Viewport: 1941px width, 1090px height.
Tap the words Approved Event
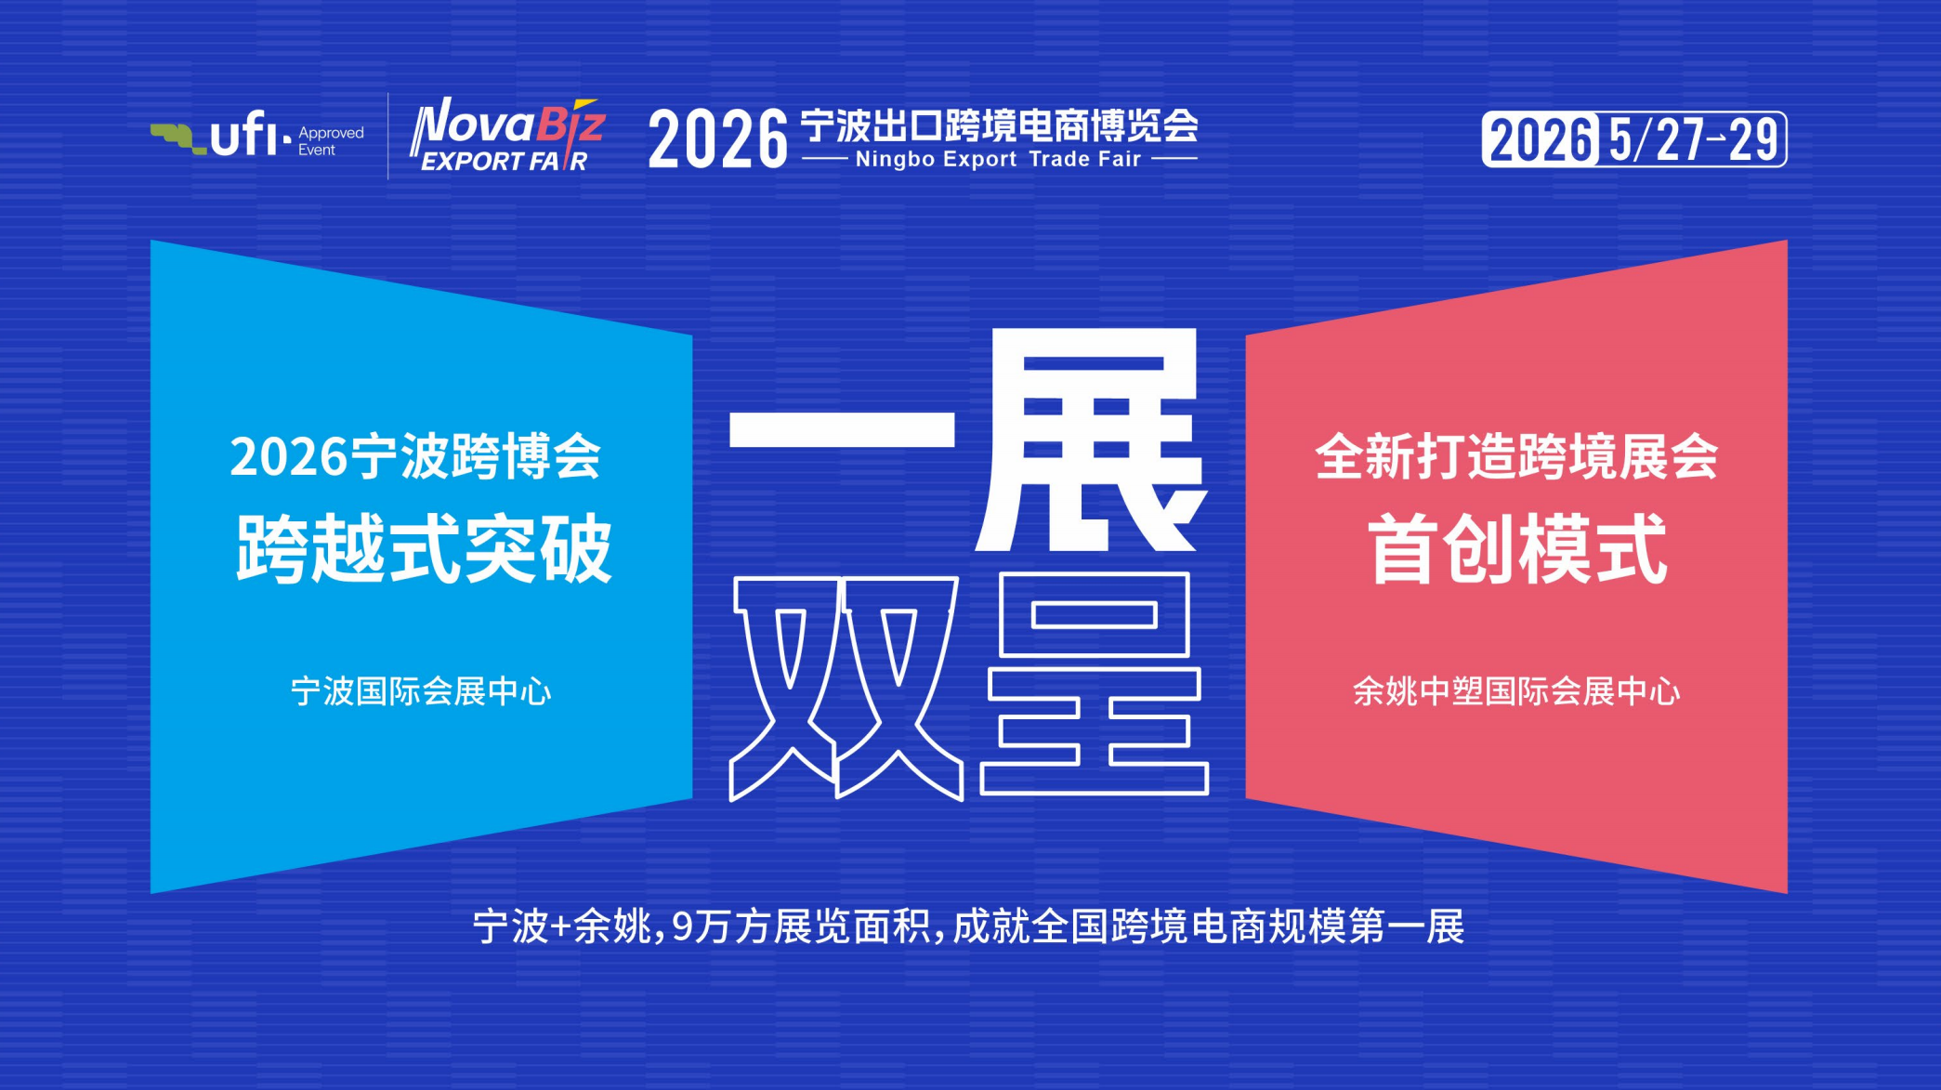click(x=330, y=141)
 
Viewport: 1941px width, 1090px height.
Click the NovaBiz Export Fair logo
click(x=506, y=137)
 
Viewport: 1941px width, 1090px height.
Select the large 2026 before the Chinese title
click(x=717, y=139)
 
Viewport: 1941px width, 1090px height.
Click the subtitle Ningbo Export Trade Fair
click(x=998, y=160)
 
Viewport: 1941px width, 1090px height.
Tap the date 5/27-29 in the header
click(x=1693, y=140)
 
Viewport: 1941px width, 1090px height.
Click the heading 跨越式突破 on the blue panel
click(x=424, y=549)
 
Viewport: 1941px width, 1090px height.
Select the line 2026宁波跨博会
click(x=415, y=457)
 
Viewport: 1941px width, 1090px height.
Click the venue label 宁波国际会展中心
click(x=421, y=691)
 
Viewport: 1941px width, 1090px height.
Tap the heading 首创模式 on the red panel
click(x=1516, y=549)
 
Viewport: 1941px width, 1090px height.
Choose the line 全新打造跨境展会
click(x=1516, y=457)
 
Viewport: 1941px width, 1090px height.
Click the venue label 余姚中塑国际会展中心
click(x=1516, y=691)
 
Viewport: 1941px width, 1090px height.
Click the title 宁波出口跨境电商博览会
click(x=999, y=125)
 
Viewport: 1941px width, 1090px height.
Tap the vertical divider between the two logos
click(x=387, y=137)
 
